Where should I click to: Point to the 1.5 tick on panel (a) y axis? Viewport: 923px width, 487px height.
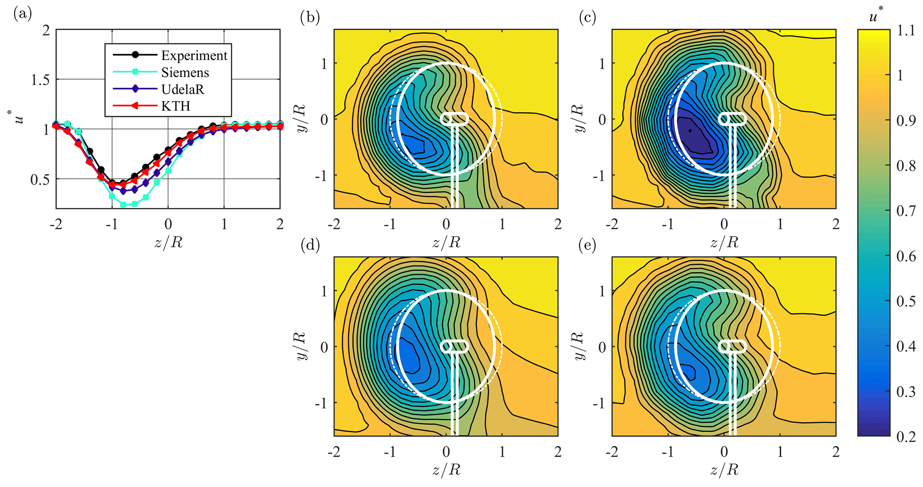[40, 80]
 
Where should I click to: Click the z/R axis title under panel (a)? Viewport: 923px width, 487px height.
[168, 243]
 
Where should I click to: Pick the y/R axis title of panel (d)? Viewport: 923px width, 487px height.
[301, 346]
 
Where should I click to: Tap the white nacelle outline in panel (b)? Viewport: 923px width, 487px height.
[455, 119]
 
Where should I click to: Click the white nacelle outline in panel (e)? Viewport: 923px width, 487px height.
[732, 346]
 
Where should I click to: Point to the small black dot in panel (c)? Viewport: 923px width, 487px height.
[690, 131]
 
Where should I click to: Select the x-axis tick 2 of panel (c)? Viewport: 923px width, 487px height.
[835, 224]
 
